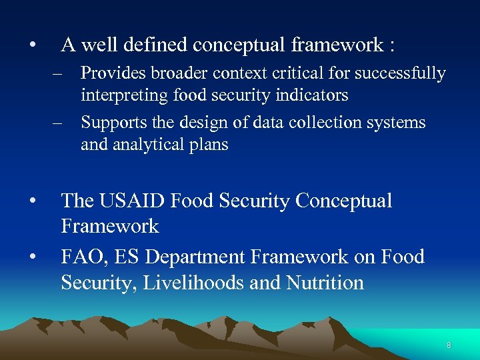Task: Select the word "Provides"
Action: (x=110, y=73)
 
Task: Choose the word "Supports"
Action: (x=109, y=123)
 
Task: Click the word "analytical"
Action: (x=149, y=145)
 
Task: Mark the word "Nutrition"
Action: (x=325, y=283)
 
